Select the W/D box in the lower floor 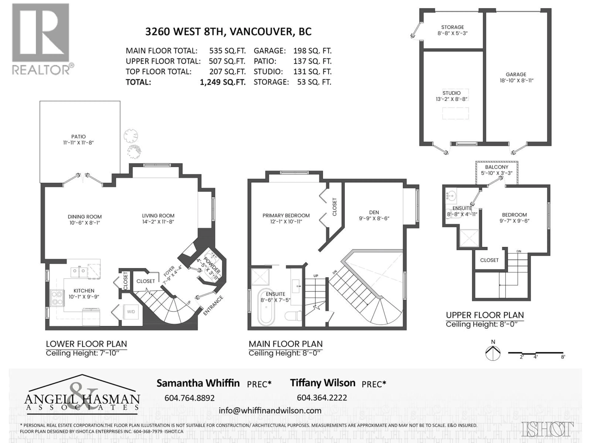pos(131,312)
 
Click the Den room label pos(374,212)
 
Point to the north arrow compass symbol pos(493,353)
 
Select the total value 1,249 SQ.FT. pos(223,82)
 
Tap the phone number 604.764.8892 pos(189,398)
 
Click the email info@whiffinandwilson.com pos(270,410)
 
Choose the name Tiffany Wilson pos(322,383)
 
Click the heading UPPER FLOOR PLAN pos(485,315)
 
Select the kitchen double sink pos(79,272)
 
